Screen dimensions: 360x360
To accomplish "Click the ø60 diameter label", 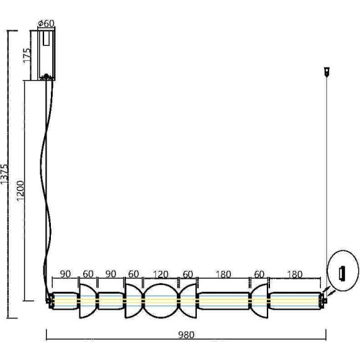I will [47, 24].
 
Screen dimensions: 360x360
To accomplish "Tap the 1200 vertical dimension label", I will [22, 190].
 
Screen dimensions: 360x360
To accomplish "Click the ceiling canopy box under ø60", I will [47, 56].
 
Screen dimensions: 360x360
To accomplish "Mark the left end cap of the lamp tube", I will [50, 301].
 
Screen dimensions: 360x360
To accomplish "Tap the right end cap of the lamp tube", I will [323, 300].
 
